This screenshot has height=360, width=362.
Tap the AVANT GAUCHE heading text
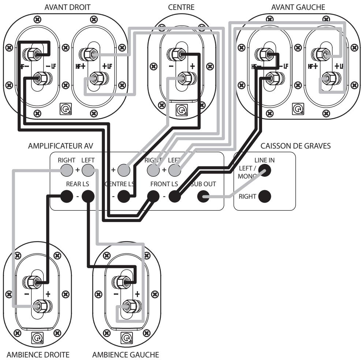(298, 7)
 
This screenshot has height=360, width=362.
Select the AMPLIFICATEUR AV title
(60, 146)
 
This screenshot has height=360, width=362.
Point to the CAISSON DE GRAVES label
(295, 146)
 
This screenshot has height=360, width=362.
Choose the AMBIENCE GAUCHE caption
(126, 354)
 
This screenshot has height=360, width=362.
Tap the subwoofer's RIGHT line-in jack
(265, 196)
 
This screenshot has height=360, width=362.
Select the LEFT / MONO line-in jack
(265, 170)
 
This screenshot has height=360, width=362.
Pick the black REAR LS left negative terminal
(88, 197)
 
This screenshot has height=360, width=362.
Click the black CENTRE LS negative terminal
(124, 197)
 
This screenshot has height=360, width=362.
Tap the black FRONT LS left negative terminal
(175, 197)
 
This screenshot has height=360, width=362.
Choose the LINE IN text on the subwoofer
(264, 160)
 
